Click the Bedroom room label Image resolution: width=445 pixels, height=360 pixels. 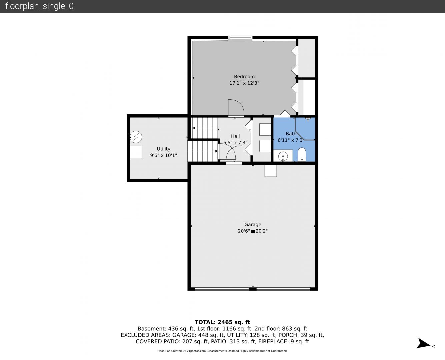(x=244, y=76)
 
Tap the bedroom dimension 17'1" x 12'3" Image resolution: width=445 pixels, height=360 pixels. (x=244, y=83)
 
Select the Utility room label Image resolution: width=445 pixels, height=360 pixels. (x=163, y=149)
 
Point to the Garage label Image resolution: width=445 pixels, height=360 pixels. (x=253, y=224)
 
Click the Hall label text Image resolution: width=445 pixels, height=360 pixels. (x=235, y=136)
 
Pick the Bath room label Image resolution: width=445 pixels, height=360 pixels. (x=291, y=134)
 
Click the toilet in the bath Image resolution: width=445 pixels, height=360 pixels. (x=302, y=154)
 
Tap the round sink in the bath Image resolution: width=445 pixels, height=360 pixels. (x=283, y=156)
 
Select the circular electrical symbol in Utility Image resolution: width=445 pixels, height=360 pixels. (x=136, y=137)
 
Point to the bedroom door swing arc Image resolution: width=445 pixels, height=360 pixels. (x=240, y=103)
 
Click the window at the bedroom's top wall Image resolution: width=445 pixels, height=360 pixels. (x=240, y=38)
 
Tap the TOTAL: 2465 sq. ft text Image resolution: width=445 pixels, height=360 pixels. (x=222, y=322)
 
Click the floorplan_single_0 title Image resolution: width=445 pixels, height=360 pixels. (x=39, y=6)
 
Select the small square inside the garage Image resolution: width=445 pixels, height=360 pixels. (x=271, y=171)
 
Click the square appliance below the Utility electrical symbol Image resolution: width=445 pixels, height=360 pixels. (x=136, y=152)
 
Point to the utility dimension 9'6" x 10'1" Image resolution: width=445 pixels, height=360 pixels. (x=163, y=155)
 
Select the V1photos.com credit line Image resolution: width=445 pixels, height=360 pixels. (x=222, y=351)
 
